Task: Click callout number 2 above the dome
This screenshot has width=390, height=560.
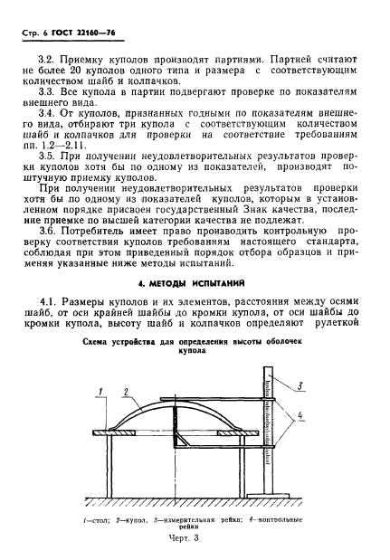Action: tap(126, 390)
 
